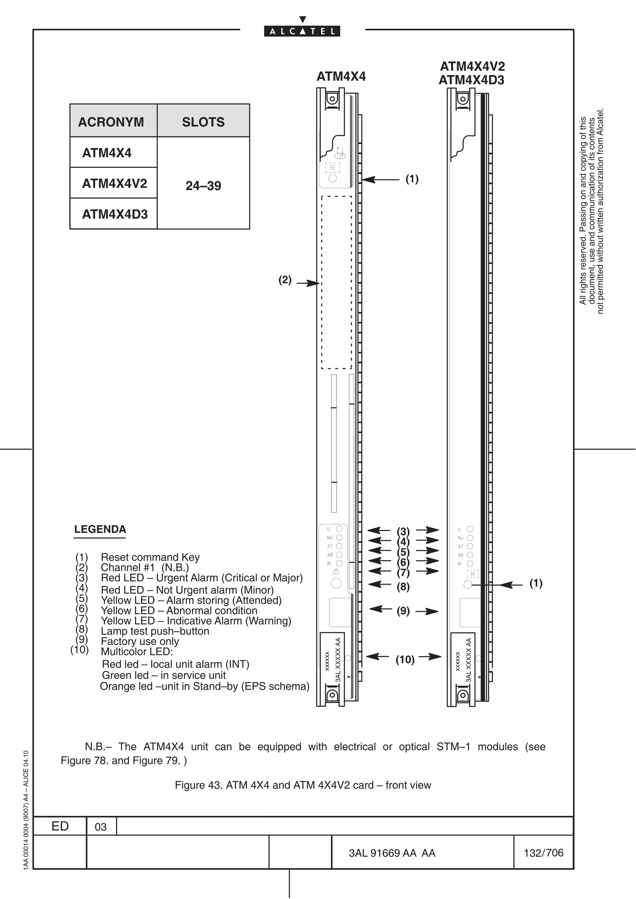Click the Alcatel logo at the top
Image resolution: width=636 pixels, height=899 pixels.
[302, 31]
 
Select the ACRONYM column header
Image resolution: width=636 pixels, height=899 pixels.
[111, 122]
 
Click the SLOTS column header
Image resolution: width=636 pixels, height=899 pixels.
[203, 122]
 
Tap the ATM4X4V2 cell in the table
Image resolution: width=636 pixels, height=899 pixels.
[114, 183]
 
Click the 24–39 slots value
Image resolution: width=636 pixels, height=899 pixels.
[203, 186]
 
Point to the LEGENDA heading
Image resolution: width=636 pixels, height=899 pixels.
[100, 529]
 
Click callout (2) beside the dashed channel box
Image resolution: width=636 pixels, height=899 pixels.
[285, 280]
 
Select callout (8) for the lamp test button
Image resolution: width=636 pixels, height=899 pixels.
[403, 587]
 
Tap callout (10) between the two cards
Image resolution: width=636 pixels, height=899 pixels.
[405, 660]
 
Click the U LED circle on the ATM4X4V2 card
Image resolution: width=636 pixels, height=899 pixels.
[470, 529]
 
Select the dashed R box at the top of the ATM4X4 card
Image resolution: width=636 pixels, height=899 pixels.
[332, 168]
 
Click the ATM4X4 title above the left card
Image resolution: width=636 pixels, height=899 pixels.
[341, 76]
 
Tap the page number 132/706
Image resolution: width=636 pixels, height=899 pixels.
[543, 853]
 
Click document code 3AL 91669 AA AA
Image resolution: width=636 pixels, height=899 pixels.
[392, 853]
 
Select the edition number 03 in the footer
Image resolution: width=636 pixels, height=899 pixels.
[101, 827]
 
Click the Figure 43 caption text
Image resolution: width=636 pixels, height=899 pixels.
[302, 785]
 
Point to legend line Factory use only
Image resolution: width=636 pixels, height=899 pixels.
[139, 641]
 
